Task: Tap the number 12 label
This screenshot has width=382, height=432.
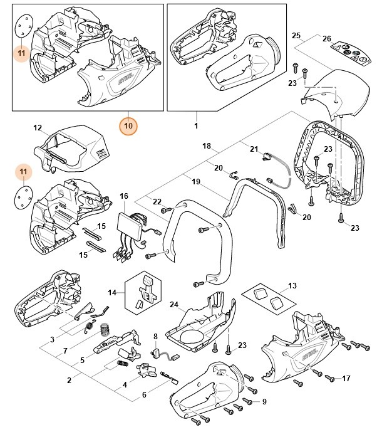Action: (x=38, y=128)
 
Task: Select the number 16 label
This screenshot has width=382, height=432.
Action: (x=123, y=197)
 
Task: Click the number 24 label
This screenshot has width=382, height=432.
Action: (x=173, y=305)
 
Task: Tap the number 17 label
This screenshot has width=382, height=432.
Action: (x=346, y=378)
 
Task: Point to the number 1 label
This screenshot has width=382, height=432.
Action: (x=197, y=125)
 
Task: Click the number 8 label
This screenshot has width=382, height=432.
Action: (x=155, y=337)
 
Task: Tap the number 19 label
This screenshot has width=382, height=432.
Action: (x=196, y=181)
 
